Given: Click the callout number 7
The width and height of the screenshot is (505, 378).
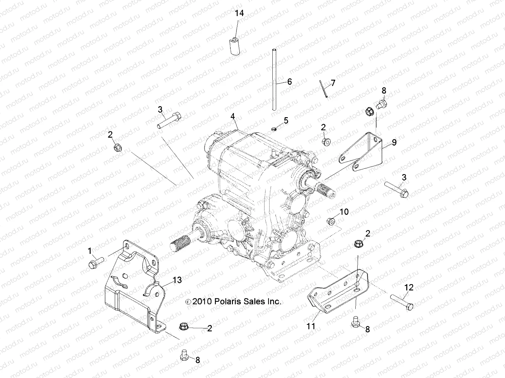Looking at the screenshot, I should click(x=333, y=83).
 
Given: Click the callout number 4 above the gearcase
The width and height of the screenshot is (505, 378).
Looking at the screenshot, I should click(x=233, y=117).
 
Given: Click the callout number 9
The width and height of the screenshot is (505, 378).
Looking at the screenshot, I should click(x=394, y=142).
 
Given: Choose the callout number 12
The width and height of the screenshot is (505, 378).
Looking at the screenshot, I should click(x=409, y=287).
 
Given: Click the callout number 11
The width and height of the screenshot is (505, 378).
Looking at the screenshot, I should click(x=311, y=325).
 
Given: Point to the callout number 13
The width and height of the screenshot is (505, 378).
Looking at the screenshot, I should click(x=177, y=280).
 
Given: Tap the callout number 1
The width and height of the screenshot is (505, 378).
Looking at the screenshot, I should click(x=90, y=251).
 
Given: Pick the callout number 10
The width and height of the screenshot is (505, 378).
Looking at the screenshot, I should click(x=344, y=212).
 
